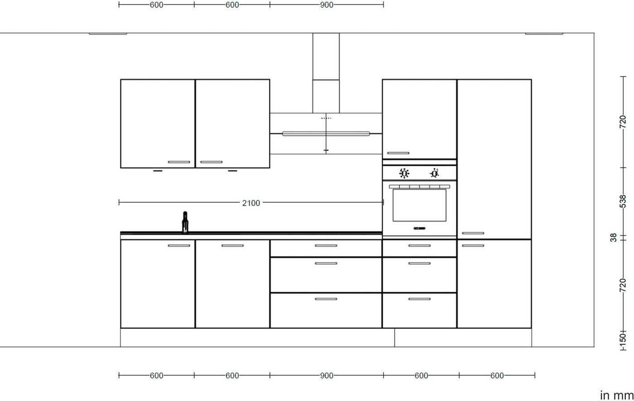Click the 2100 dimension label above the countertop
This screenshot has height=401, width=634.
click(x=251, y=203)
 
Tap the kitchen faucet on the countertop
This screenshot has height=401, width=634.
click(x=185, y=222)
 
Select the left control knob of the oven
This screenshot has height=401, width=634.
click(x=404, y=173)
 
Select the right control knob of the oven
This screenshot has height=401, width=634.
click(x=434, y=173)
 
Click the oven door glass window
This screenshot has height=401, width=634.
click(x=419, y=205)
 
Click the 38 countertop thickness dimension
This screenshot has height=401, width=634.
click(x=613, y=237)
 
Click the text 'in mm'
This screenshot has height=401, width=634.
click(x=616, y=395)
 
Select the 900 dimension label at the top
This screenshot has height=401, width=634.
click(x=327, y=5)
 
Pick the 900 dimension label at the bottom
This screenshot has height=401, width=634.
click(x=327, y=376)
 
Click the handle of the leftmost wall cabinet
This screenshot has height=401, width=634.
click(x=179, y=162)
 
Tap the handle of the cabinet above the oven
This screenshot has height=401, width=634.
click(x=398, y=153)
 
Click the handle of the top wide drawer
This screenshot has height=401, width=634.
click(x=326, y=246)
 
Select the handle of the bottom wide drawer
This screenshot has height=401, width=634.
click(x=326, y=299)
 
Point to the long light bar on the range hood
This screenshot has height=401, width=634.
click(x=326, y=134)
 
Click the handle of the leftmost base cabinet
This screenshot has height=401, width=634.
click(x=179, y=246)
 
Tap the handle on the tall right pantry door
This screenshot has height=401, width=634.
click(x=473, y=233)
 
